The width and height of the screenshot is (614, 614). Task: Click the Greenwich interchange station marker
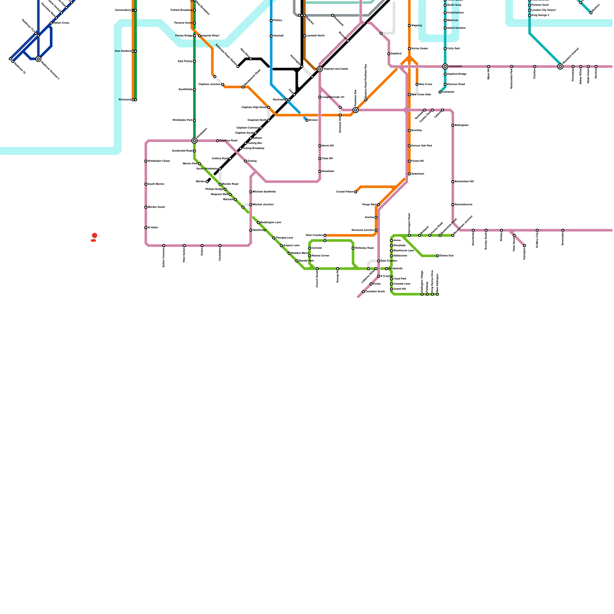[445, 66]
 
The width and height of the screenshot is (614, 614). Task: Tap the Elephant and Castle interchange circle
[320, 69]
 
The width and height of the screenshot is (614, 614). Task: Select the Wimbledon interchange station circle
[195, 141]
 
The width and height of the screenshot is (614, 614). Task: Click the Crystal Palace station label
[345, 192]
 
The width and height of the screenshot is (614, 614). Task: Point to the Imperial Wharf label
[210, 36]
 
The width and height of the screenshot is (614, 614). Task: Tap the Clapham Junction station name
[210, 84]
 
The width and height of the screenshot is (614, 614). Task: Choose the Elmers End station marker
[437, 256]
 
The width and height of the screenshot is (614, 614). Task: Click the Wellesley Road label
[364, 248]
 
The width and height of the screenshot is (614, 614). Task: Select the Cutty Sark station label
[454, 49]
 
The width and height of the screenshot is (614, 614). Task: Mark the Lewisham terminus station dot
[440, 92]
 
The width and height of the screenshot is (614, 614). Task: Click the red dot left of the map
[95, 235]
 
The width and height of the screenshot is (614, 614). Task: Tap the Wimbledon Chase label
[159, 161]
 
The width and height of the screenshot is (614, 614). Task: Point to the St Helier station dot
[146, 228]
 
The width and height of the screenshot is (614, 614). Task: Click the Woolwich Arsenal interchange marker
[560, 66]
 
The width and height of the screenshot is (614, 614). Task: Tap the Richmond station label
[125, 100]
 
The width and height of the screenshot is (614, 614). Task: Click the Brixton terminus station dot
[307, 120]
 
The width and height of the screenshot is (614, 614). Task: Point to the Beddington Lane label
[271, 223]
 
